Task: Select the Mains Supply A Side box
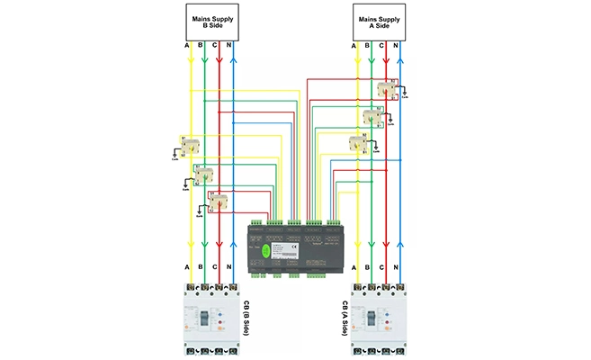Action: point(378,22)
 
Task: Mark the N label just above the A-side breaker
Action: point(399,268)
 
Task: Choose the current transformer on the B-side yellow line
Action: point(190,146)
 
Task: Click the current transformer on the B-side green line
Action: point(204,175)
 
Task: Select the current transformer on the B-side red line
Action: point(219,202)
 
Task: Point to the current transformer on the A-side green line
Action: point(372,117)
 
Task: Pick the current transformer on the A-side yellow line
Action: point(357,144)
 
